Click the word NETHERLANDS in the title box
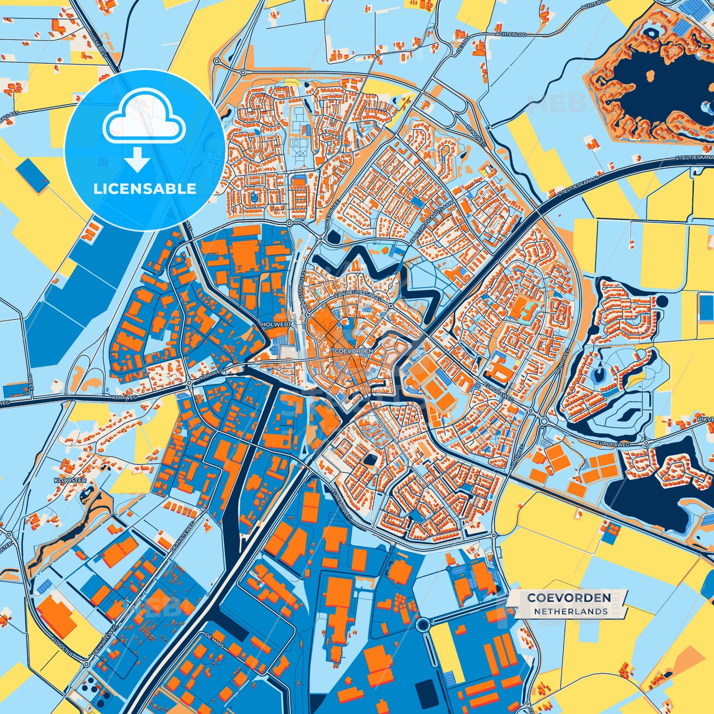point(570,611)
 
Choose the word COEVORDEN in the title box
point(569,598)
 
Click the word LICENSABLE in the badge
point(145,188)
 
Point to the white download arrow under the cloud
point(138,161)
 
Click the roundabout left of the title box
point(424,625)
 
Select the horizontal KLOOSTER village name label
point(70,480)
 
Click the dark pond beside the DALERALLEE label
point(333,237)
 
